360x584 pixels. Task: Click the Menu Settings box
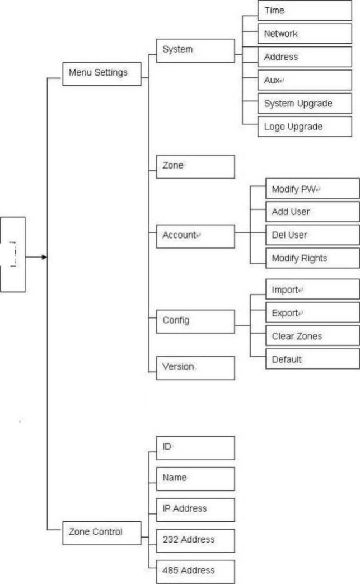102,74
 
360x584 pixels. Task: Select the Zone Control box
102,533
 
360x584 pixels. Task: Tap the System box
195,50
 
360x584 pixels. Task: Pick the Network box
305,34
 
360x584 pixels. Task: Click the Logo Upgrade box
305,126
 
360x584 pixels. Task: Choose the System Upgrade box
305,103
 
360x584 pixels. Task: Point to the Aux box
305,80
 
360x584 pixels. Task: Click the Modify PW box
312,189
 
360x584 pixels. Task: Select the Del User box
312,235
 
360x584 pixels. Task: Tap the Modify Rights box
312,258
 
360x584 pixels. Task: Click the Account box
195,236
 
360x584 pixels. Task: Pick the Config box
195,321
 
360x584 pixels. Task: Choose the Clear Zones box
312,336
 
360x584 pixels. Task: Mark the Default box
312,359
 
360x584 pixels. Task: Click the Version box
195,368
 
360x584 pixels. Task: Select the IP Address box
195,510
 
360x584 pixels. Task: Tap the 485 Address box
195,572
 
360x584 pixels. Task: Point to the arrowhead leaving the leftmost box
44,257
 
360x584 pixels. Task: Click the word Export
285,313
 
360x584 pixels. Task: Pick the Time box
305,11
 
